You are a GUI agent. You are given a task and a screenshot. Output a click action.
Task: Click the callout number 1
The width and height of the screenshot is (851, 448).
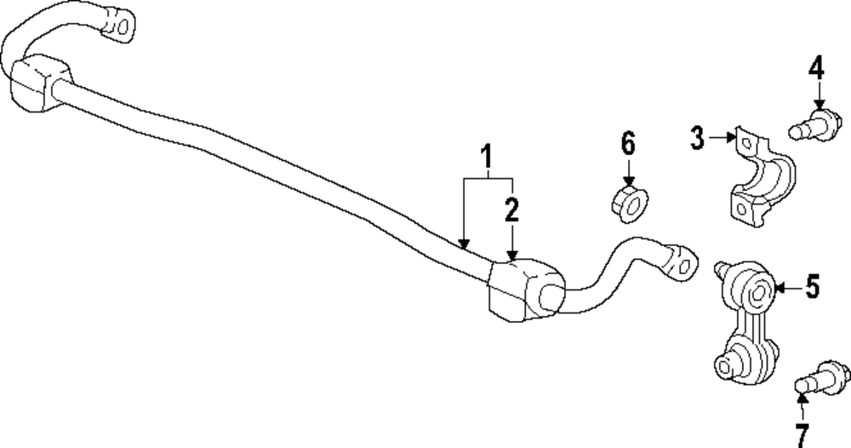pyautogui.click(x=487, y=158)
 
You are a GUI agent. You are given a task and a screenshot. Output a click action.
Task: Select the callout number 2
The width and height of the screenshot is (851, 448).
pyautogui.click(x=511, y=210)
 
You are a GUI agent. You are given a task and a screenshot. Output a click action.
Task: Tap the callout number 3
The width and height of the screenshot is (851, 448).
pyautogui.click(x=698, y=138)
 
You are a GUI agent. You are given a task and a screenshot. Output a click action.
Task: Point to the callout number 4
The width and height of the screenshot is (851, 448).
pyautogui.click(x=816, y=67)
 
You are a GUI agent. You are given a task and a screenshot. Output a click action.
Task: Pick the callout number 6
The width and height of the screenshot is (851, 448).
pyautogui.click(x=628, y=144)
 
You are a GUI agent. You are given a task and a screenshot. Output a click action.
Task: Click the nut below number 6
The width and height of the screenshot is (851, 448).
pyautogui.click(x=629, y=203)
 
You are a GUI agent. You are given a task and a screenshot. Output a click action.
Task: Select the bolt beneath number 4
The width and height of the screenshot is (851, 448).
pyautogui.click(x=810, y=123)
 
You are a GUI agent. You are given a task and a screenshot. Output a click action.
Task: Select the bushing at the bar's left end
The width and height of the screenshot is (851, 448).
pyautogui.click(x=37, y=83)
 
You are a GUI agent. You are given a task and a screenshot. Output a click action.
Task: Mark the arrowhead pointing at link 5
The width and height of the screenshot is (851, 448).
pyautogui.click(x=777, y=289)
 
